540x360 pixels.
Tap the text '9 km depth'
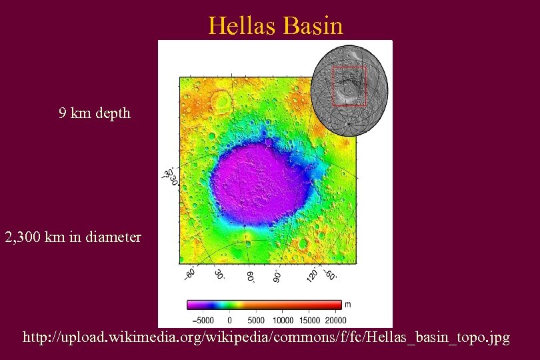coord(94,113)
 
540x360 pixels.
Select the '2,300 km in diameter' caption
coord(73,237)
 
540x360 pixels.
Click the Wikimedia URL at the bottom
coord(266,338)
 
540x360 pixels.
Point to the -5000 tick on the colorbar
coord(200,321)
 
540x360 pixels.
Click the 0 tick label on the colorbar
coord(230,321)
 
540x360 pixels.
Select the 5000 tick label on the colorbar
coord(255,321)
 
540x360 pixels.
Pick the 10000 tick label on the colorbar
coord(283,321)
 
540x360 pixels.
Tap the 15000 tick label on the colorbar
coord(310,321)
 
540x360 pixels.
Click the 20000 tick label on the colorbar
coord(335,321)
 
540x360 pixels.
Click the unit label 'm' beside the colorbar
coord(347,305)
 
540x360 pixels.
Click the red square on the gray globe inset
coord(349,86)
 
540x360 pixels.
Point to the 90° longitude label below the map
coord(276,275)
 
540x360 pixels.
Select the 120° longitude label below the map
coord(312,274)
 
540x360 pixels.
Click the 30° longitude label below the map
coord(219,275)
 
